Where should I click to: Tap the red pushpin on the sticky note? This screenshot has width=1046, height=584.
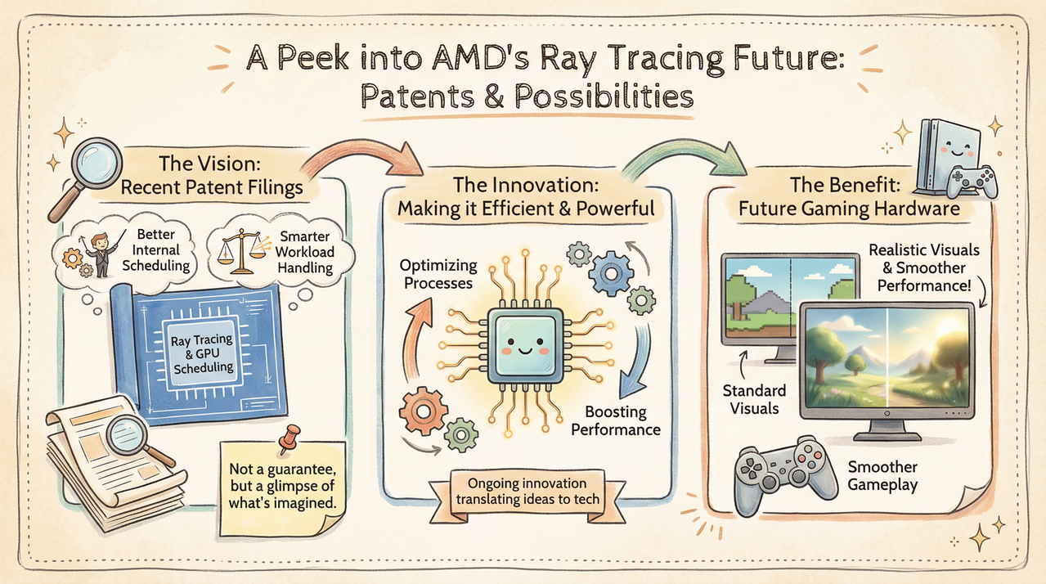coord(289,438)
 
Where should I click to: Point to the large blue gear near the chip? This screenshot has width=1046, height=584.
coord(611,274)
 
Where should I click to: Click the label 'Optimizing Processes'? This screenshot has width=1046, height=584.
coord(438,274)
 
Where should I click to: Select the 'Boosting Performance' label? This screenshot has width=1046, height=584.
coord(616,420)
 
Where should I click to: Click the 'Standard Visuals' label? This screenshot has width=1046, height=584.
coord(754,399)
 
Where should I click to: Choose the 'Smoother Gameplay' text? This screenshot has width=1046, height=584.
coord(882,475)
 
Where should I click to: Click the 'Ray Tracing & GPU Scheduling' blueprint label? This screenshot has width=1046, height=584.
coord(203,353)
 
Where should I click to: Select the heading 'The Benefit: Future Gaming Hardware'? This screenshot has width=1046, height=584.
coord(849,196)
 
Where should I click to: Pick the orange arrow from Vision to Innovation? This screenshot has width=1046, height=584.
coord(360,150)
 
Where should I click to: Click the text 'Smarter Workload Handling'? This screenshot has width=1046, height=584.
coord(304,252)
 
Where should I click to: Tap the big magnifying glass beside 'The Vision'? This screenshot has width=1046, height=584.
coord(87,177)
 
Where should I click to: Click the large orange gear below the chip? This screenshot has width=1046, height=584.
coord(423,411)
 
